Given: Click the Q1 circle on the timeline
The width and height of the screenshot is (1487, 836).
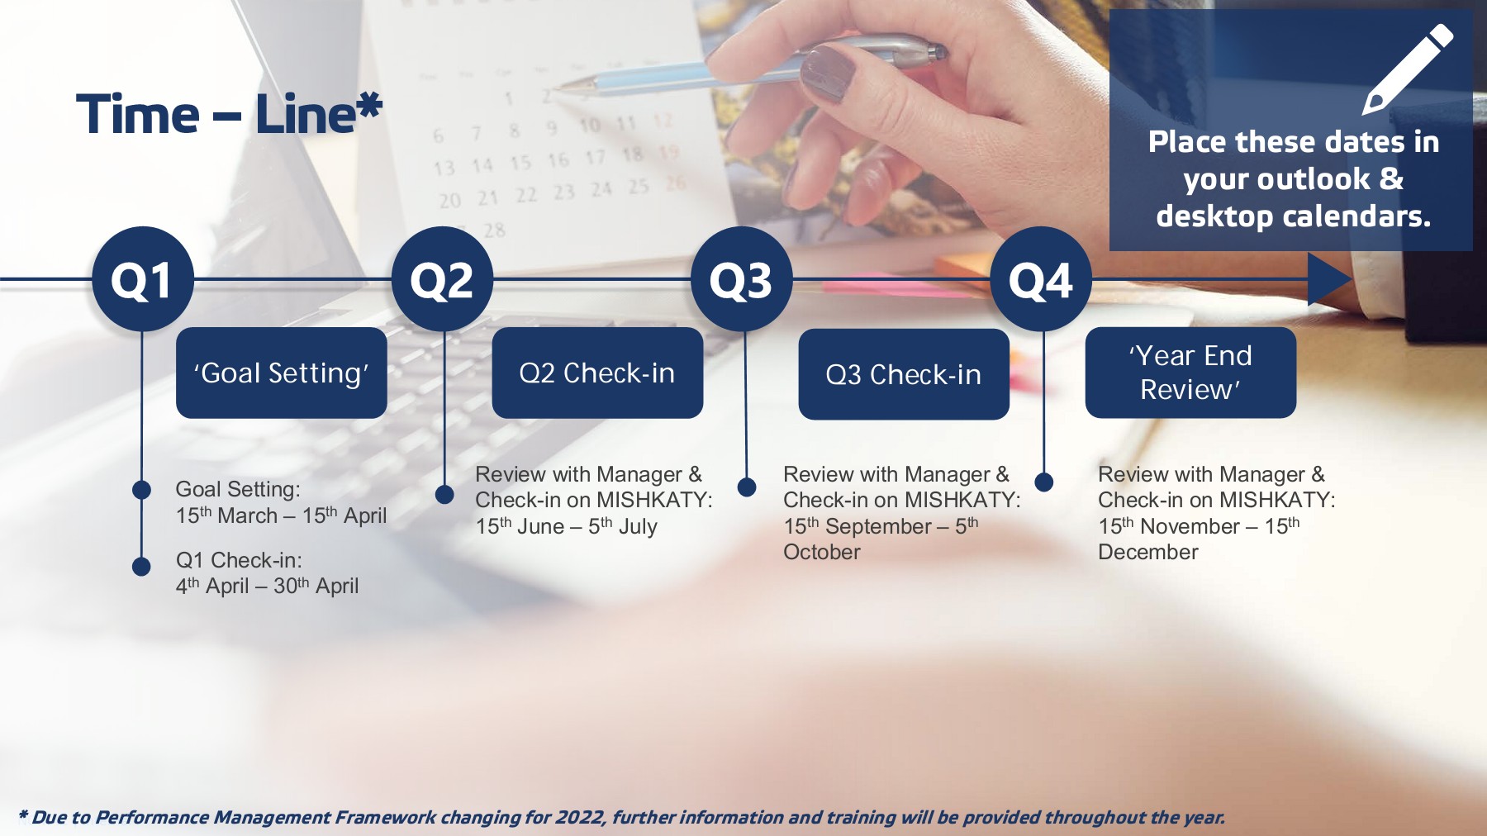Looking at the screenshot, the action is (x=143, y=279).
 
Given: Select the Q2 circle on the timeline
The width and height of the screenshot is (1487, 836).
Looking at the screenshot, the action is (x=443, y=279).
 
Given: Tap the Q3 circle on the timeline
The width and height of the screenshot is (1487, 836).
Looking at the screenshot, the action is (x=742, y=279).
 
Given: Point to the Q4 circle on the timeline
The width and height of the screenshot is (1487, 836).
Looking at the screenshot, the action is (x=1041, y=279).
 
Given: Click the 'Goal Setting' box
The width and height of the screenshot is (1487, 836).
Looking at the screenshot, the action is (x=282, y=373).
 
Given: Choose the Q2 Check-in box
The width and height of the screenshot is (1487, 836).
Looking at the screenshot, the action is (x=597, y=373).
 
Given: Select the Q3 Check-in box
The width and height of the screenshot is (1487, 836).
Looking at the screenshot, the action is (x=904, y=374).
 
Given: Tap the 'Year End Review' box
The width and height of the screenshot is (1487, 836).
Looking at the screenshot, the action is (x=1190, y=373).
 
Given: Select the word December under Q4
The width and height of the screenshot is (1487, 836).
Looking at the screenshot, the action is (x=1148, y=552).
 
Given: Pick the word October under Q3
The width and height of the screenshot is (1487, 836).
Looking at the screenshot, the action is (x=822, y=552).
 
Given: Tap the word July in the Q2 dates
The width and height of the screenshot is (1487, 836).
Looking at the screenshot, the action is (x=638, y=527).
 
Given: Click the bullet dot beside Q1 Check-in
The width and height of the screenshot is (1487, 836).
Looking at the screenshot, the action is (x=141, y=566).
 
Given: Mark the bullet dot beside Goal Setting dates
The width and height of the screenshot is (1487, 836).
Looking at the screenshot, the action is (x=141, y=490).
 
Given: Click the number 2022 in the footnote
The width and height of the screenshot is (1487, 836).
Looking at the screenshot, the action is (x=581, y=817).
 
